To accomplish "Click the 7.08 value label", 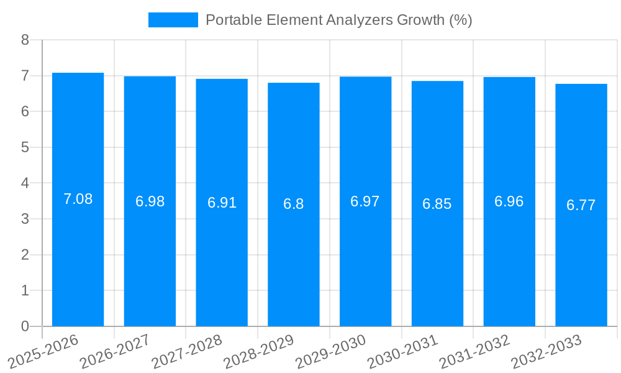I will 78,200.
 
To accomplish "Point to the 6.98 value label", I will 150,201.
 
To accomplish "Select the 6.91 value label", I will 222,203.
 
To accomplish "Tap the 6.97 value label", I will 365,201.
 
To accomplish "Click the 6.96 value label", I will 509,201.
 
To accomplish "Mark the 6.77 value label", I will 581,205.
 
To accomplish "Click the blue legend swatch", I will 173,20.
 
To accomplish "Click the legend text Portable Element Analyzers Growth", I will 338,20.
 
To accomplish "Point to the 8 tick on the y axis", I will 25,40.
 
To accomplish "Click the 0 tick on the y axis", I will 25,326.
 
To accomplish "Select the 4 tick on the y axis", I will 25,183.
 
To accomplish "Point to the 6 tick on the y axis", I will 25,111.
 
